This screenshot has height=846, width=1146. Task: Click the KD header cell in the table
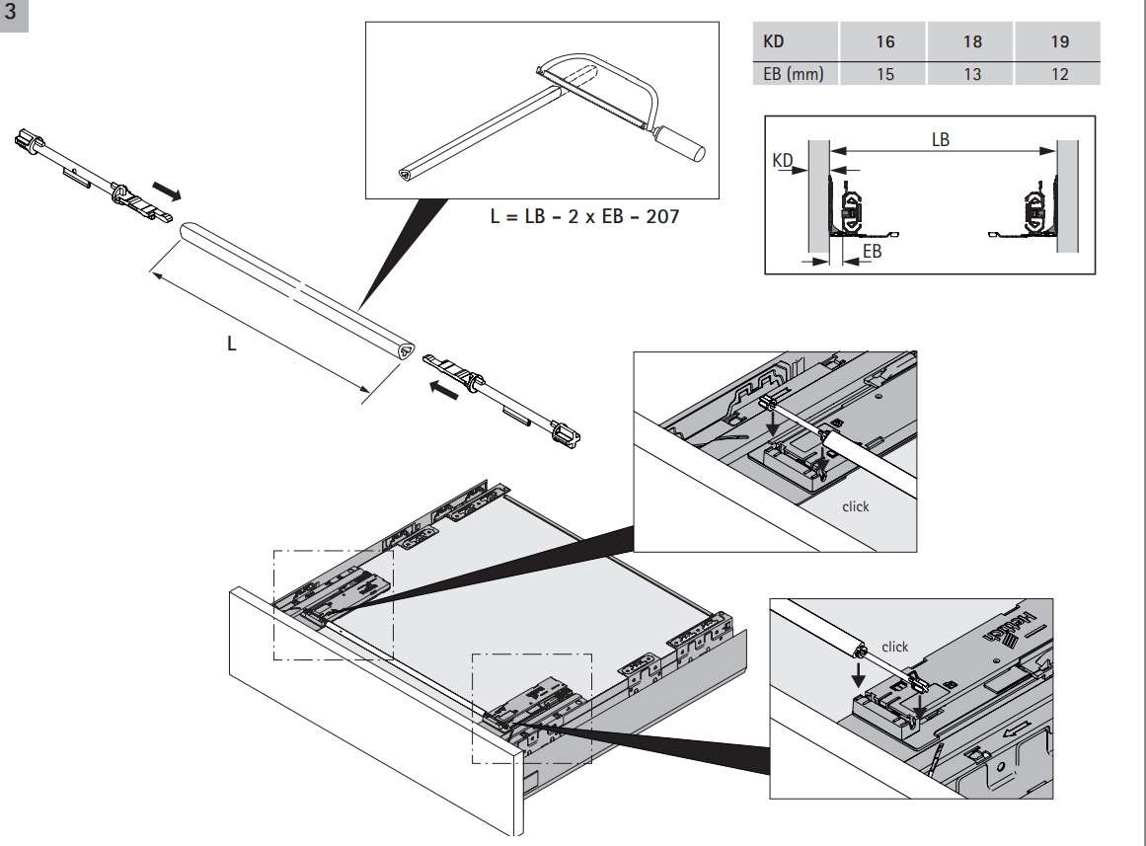click(775, 45)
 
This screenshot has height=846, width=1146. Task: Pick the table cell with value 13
click(972, 74)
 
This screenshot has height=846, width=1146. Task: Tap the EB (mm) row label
click(794, 74)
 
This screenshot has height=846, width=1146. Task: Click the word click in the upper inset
click(855, 506)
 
